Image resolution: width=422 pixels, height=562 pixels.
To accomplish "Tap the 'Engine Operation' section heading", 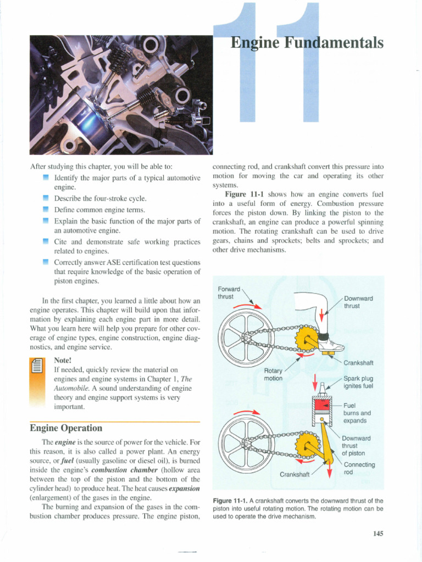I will click(x=66, y=428).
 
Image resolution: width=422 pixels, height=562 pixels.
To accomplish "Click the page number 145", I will click(x=377, y=533).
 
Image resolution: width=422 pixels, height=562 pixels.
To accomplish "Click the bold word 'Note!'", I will click(x=63, y=360).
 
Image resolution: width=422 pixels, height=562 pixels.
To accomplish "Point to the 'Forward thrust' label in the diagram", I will click(x=230, y=292).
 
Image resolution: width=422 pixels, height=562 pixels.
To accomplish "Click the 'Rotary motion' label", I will click(x=273, y=374).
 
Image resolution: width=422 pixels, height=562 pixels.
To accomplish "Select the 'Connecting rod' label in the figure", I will click(x=359, y=468).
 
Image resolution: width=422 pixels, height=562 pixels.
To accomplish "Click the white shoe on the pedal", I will click(x=331, y=345).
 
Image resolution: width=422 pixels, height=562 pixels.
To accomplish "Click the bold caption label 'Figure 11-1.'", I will click(x=230, y=501).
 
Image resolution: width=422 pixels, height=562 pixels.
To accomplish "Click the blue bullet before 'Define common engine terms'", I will click(x=46, y=210).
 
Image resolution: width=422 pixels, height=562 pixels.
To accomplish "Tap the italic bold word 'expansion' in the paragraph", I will click(x=184, y=488).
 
